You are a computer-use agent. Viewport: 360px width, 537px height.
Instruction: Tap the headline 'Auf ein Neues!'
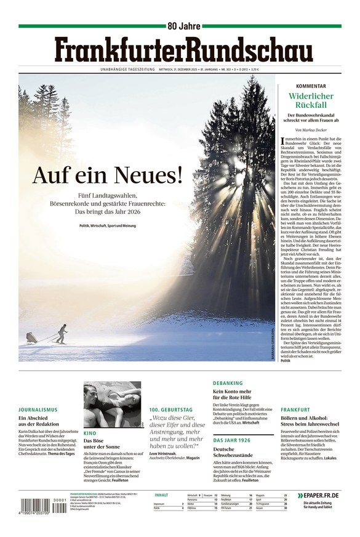(x=108, y=176)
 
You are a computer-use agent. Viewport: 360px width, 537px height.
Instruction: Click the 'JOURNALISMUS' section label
(x=38, y=410)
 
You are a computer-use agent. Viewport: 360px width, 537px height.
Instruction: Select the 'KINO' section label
(x=89, y=434)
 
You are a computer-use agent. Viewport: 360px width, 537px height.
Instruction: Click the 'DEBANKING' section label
(x=228, y=383)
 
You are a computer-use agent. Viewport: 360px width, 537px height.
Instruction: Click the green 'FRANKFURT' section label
(x=295, y=410)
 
